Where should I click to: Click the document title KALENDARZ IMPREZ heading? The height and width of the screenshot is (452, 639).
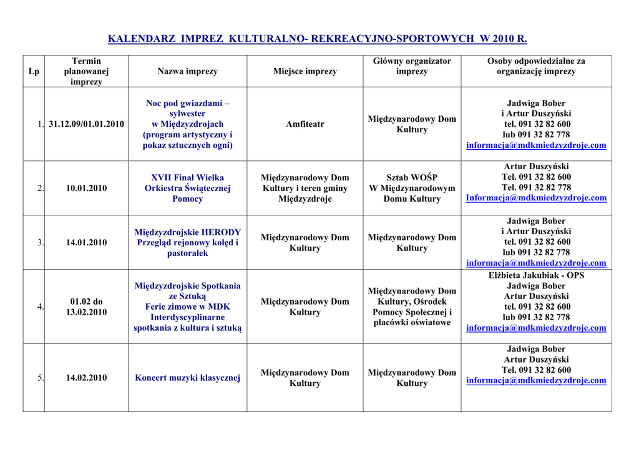pyautogui.click(x=318, y=39)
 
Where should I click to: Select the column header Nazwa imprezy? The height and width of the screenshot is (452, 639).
pyautogui.click(x=187, y=71)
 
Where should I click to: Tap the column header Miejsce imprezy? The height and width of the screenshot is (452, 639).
pyautogui.click(x=305, y=71)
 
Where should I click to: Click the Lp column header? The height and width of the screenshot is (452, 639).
pyautogui.click(x=34, y=71)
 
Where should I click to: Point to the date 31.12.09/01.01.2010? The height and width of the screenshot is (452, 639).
pyautogui.click(x=86, y=124)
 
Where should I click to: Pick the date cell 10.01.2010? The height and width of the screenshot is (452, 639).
pyautogui.click(x=86, y=188)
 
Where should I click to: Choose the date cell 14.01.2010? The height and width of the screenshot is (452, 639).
pyautogui.click(x=86, y=242)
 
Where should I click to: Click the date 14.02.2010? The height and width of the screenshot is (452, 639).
pyautogui.click(x=86, y=378)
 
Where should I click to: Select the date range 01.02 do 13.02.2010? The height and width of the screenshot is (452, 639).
pyautogui.click(x=86, y=307)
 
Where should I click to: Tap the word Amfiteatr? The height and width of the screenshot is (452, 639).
pyautogui.click(x=305, y=124)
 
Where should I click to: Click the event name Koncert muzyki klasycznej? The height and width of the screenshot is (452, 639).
pyautogui.click(x=187, y=378)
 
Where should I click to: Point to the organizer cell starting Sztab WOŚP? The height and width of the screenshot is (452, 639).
pyautogui.click(x=412, y=188)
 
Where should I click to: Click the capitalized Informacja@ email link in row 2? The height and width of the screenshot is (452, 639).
pyautogui.click(x=536, y=198)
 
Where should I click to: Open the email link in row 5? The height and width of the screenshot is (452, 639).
pyautogui.click(x=536, y=380)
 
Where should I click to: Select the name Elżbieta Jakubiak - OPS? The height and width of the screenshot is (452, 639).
pyautogui.click(x=536, y=275)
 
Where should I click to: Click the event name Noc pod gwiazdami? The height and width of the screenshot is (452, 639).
pyautogui.click(x=187, y=103)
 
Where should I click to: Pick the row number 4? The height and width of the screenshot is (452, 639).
pyautogui.click(x=40, y=307)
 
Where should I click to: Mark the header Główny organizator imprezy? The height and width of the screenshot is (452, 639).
pyautogui.click(x=412, y=66)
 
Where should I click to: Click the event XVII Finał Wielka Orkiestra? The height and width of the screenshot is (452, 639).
pyautogui.click(x=187, y=188)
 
